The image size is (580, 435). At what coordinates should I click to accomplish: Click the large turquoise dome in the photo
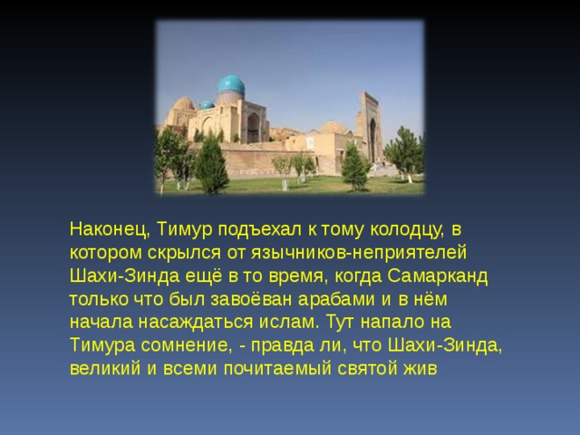(x=230, y=86)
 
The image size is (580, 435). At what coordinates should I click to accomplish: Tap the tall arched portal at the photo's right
(x=370, y=127)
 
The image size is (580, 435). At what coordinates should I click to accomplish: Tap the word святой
(x=372, y=369)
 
